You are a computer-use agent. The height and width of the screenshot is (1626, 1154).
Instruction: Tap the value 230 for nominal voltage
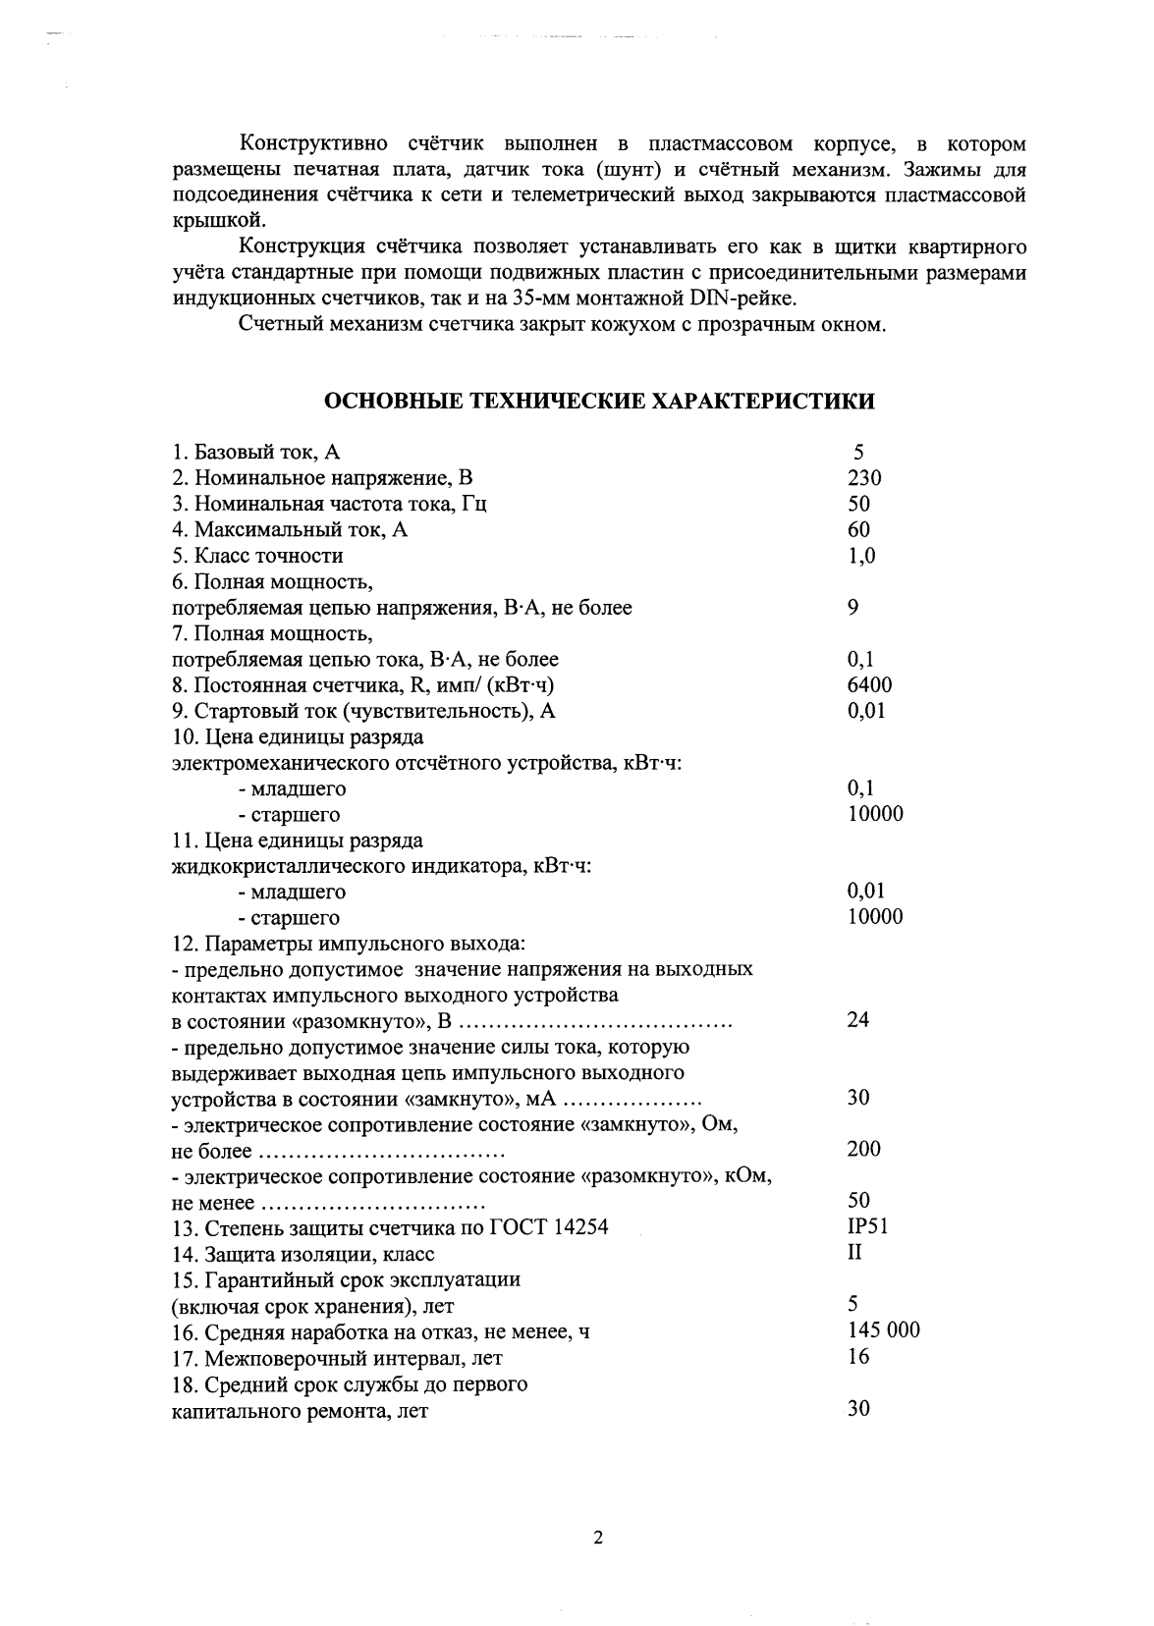pyautogui.click(x=864, y=478)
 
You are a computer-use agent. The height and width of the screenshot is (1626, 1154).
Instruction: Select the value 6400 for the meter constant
pyautogui.click(x=869, y=685)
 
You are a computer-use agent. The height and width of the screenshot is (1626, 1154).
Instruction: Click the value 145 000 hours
pyautogui.click(x=883, y=1330)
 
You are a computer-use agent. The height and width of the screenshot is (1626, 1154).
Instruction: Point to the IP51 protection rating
pyautogui.click(x=868, y=1226)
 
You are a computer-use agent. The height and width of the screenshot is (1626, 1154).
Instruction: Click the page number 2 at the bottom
pyautogui.click(x=597, y=1538)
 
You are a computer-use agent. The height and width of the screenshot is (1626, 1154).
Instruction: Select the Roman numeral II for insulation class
pyautogui.click(x=854, y=1253)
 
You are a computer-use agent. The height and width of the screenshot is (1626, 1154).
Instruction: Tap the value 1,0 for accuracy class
pyautogui.click(x=861, y=556)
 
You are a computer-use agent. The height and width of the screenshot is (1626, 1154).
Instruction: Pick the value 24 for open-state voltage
pyautogui.click(x=857, y=1020)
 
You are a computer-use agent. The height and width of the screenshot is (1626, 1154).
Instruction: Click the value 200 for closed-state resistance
pyautogui.click(x=863, y=1149)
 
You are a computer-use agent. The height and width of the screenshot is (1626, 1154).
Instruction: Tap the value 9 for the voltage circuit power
pyautogui.click(x=852, y=608)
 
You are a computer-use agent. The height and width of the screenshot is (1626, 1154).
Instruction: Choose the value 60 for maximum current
pyautogui.click(x=858, y=530)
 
